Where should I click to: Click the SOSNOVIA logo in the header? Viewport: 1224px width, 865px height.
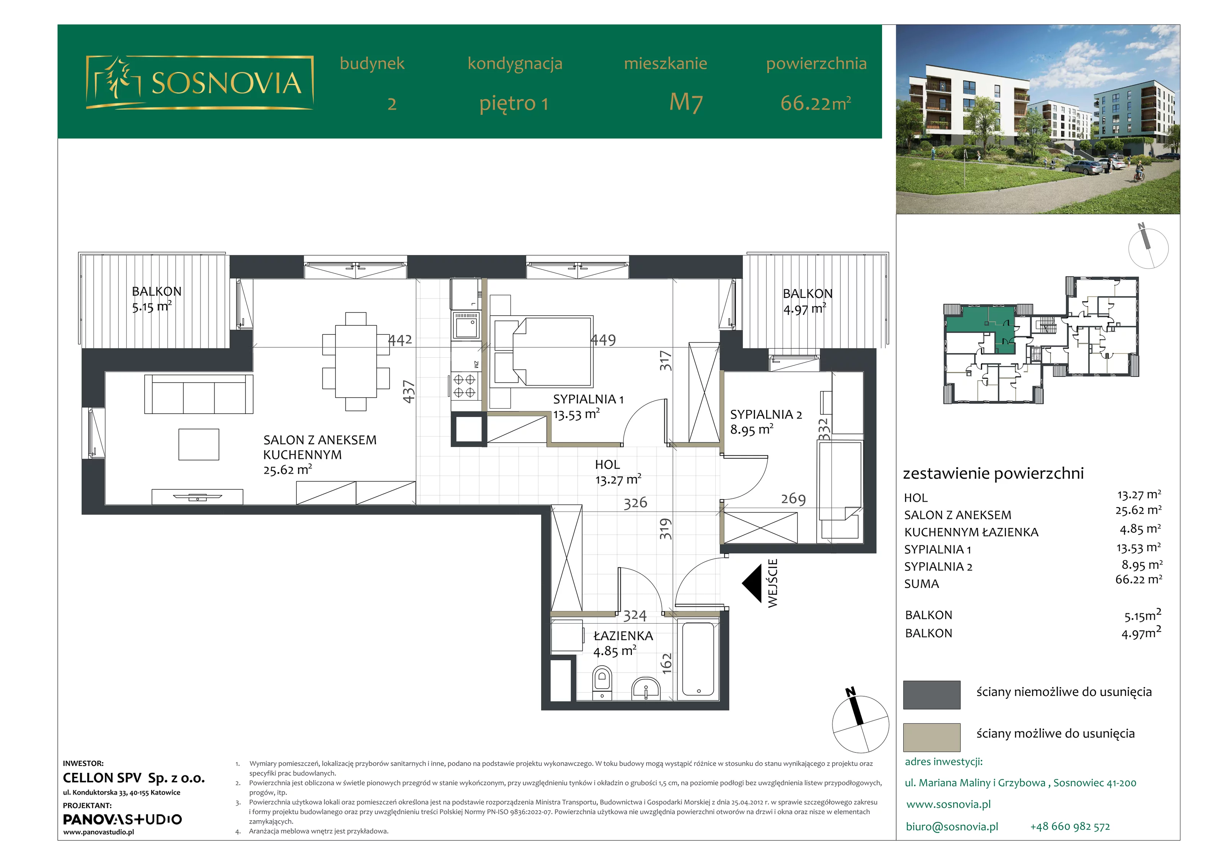199,83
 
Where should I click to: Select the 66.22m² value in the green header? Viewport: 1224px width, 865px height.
815,103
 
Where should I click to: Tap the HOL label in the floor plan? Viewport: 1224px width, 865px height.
607,464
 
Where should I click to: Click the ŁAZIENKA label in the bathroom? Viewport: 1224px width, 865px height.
623,636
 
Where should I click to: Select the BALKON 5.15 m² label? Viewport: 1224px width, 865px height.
157,299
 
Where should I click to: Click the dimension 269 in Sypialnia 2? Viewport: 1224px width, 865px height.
793,498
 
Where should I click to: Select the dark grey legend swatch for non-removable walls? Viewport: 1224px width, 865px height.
931,694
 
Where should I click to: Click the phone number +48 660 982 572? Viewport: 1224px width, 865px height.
1070,827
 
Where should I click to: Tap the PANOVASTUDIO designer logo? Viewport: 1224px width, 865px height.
123,819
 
